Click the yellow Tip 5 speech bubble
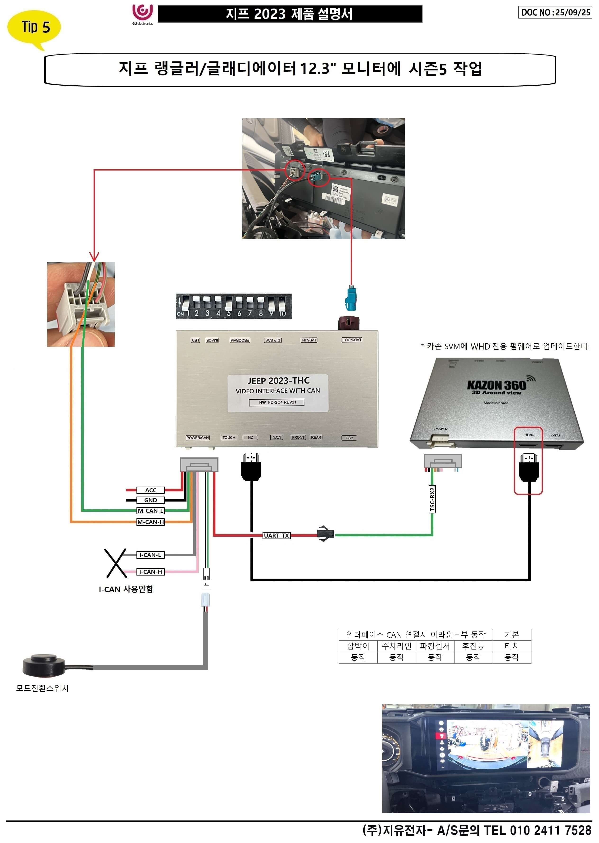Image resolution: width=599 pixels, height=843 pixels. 34,27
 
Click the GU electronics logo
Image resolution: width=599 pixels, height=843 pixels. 142,14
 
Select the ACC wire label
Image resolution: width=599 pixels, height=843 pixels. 150,490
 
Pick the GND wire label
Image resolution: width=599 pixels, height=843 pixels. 150,500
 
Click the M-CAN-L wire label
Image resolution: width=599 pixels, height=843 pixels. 150,511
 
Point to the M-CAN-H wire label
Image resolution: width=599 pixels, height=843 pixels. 150,522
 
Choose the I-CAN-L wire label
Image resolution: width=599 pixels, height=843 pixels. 150,555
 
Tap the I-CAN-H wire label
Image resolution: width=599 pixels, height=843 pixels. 150,572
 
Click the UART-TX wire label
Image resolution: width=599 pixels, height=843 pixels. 276,535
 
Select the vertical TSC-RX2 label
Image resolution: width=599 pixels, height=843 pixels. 432,499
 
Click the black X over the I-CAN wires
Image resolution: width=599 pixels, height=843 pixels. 116,563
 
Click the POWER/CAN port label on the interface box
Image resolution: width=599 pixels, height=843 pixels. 197,438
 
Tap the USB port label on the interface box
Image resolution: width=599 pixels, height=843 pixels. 349,438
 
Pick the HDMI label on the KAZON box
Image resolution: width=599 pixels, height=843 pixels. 529,435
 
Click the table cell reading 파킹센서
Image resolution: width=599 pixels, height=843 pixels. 435,646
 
